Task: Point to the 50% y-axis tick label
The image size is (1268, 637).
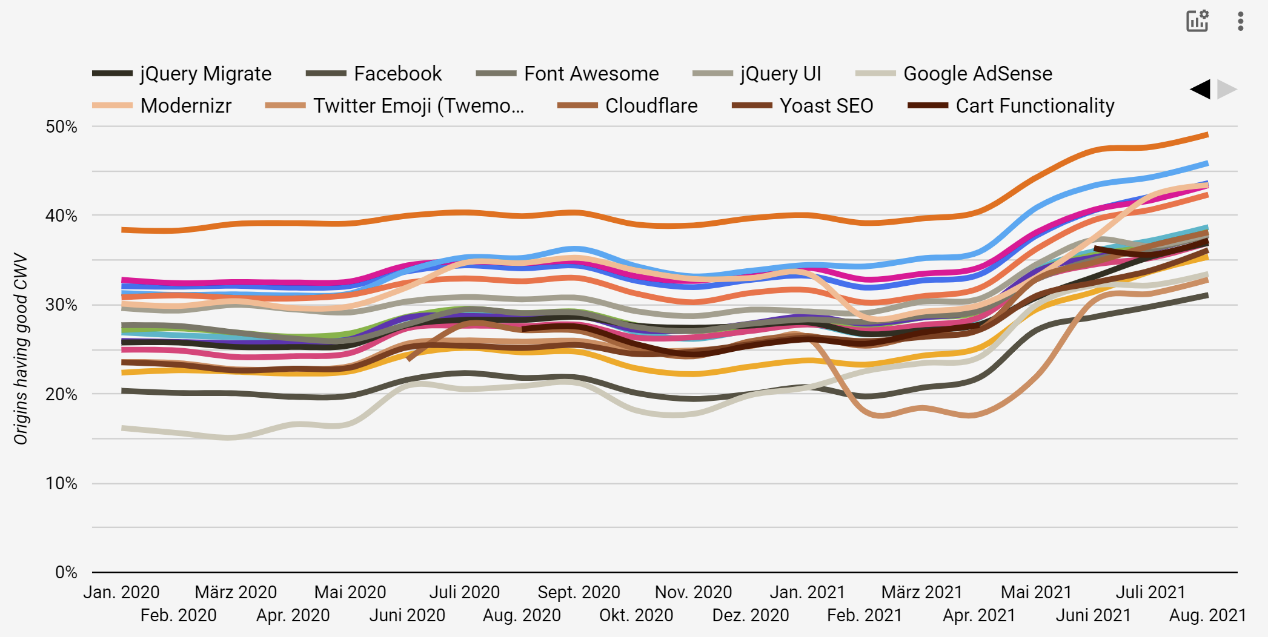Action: point(62,127)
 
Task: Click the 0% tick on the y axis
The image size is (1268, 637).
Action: point(66,572)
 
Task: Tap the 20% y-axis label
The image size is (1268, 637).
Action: point(62,394)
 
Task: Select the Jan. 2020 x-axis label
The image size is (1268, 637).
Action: point(121,592)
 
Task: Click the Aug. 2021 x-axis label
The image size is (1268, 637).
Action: point(1207,616)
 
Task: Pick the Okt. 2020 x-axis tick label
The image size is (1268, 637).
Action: point(636,616)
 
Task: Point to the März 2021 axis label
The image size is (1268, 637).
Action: point(921,592)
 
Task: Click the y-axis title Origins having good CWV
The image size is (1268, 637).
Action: point(21,349)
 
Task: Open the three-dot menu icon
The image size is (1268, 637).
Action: point(1241,21)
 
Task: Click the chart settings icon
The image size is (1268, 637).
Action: point(1197,21)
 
